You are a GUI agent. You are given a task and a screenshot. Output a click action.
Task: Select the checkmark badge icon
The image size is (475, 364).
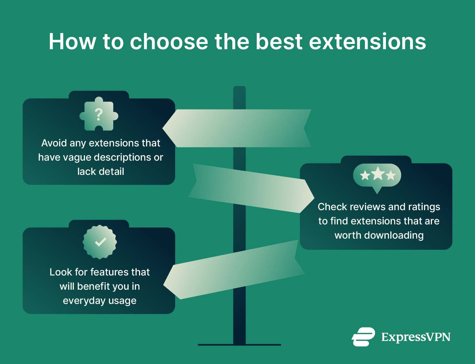[100, 242]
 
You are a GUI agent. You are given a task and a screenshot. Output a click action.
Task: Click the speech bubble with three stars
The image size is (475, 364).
[377, 176]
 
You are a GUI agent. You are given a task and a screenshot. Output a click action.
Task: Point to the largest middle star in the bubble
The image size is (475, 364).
[378, 174]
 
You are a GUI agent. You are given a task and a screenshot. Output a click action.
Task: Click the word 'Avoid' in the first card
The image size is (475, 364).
[54, 143]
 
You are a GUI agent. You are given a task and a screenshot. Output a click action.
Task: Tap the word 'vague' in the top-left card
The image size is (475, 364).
[76, 158]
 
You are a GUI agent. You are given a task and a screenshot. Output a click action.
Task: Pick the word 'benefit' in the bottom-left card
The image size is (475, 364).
[93, 286]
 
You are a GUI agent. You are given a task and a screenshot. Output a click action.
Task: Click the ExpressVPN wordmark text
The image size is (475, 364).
[416, 337]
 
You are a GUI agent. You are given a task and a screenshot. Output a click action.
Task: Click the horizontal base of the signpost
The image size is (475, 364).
[239, 344]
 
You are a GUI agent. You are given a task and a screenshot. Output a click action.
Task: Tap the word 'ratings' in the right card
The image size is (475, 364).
[424, 207]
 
